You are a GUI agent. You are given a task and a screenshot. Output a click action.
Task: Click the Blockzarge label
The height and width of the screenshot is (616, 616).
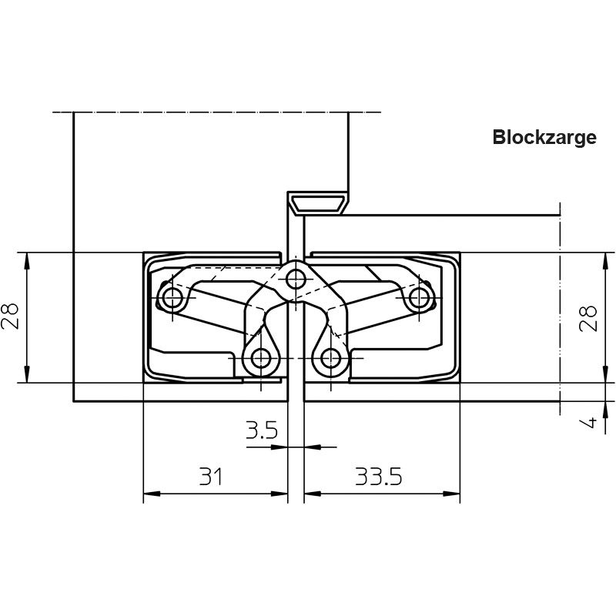click(544, 138)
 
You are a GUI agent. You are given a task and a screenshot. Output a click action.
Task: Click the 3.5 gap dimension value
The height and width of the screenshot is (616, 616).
click(262, 430)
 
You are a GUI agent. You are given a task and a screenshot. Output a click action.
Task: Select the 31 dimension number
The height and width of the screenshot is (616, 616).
click(211, 476)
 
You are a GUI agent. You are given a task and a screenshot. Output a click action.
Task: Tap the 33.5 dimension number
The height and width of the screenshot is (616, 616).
click(379, 476)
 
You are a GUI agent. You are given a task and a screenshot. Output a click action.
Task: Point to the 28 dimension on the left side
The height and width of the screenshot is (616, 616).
click(10, 316)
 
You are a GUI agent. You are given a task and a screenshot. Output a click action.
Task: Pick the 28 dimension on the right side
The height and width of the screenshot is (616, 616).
click(588, 319)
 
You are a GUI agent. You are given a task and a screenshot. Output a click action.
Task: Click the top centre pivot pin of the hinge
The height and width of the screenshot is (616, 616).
click(296, 280)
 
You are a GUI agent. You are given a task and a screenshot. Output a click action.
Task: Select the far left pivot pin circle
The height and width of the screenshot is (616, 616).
click(172, 298)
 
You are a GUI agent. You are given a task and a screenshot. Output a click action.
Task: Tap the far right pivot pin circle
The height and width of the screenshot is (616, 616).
click(419, 298)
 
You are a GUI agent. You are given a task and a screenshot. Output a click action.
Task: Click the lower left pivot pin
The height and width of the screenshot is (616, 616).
click(261, 358)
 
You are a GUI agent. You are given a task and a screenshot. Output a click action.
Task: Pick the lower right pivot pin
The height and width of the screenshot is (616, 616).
click(330, 358)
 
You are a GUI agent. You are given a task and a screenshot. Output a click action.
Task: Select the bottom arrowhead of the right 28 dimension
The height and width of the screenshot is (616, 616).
click(605, 374)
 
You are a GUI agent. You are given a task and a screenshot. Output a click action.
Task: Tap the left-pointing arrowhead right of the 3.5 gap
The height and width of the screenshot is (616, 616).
click(313, 447)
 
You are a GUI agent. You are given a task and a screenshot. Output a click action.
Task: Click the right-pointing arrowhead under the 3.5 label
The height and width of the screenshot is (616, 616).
click(280, 447)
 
